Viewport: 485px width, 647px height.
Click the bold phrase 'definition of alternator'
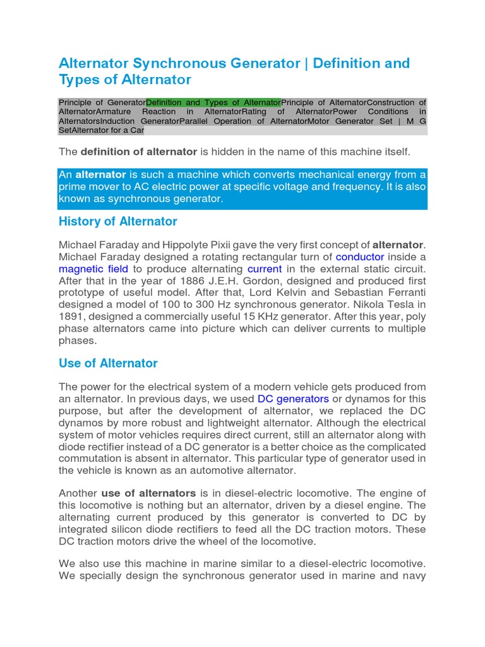tap(139, 152)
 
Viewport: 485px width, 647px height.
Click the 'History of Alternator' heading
tap(117, 222)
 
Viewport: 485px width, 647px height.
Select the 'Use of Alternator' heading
tap(107, 363)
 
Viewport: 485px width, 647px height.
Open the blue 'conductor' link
tap(359, 257)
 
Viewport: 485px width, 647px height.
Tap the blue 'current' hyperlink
tap(264, 269)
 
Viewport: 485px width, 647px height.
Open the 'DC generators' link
tap(293, 399)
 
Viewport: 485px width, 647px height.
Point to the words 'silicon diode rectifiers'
tap(166, 529)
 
